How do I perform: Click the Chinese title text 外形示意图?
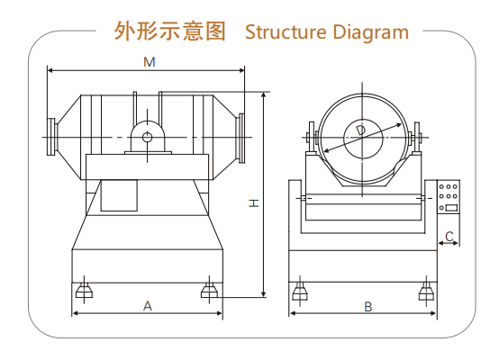coord(168,33)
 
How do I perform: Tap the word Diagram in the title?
coord(371,33)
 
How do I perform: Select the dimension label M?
coord(150,61)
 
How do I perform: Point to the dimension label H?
coord(254,203)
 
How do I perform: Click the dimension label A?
coord(148,305)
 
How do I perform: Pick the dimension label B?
coord(367,306)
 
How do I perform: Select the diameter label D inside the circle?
coord(360,130)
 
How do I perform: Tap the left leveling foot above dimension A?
coord(83,289)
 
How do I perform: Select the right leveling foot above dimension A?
coord(209,289)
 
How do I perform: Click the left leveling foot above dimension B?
coord(298,290)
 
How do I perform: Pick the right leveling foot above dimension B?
coord(423,290)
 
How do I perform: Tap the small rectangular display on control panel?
coord(449,209)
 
